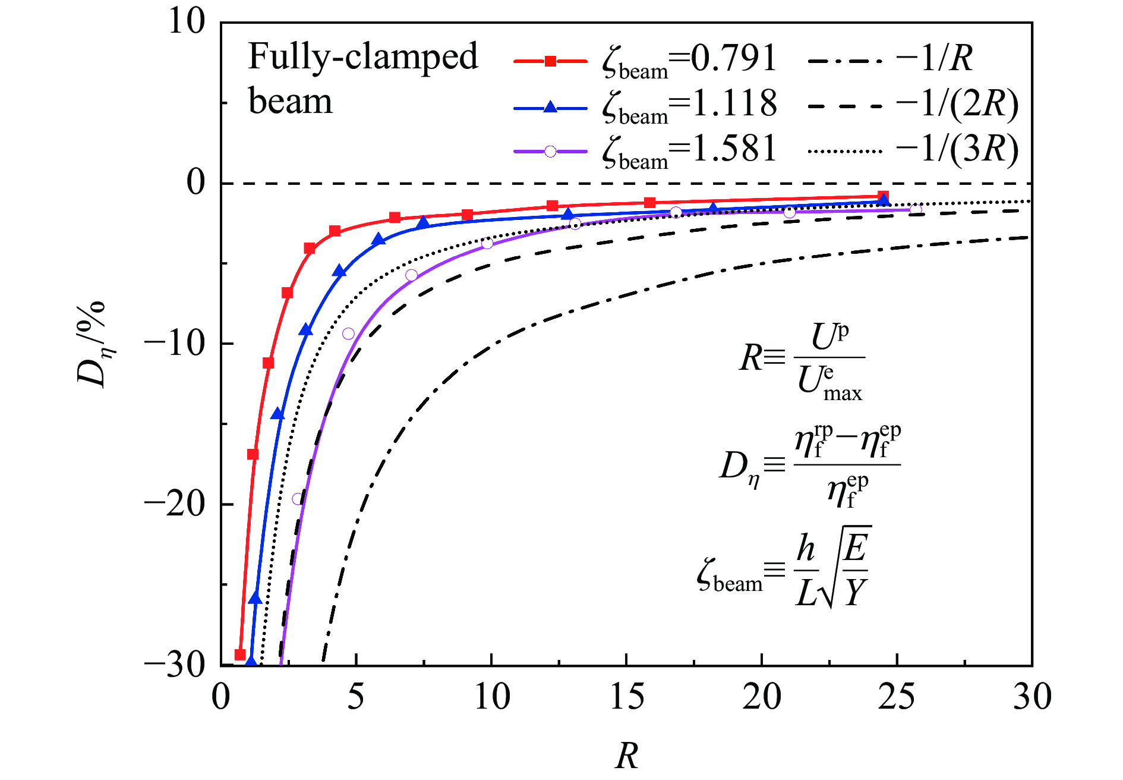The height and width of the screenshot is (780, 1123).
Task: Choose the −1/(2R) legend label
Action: [957, 104]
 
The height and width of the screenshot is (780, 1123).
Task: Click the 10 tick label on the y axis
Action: [187, 22]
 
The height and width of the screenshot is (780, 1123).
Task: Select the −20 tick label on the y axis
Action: [175, 504]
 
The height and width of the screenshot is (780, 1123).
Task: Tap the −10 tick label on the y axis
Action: [175, 344]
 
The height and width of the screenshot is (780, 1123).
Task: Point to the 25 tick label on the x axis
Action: [896, 697]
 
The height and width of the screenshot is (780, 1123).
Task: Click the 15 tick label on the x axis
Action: [626, 697]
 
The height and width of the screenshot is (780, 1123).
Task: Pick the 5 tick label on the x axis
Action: [355, 697]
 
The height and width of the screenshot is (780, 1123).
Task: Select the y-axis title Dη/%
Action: [92, 345]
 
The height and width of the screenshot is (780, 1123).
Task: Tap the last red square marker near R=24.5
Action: [883, 197]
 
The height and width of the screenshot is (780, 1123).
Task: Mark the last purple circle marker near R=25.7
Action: [916, 209]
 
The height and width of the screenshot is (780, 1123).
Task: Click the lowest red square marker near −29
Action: [240, 655]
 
